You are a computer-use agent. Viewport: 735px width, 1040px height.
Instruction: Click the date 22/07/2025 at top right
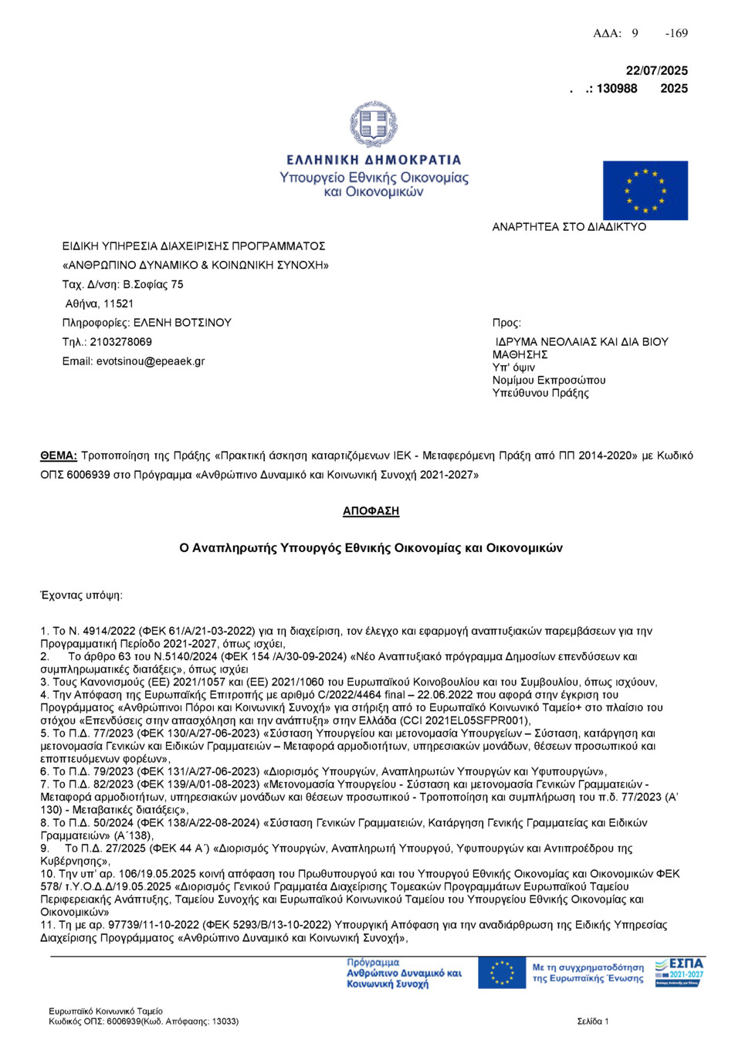[x=656, y=70]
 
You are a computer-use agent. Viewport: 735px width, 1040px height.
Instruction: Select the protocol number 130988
[x=617, y=89]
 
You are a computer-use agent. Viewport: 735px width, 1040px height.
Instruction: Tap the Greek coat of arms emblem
[x=374, y=124]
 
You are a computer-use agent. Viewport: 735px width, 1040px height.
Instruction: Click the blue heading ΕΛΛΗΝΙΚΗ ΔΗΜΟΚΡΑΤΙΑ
[x=374, y=160]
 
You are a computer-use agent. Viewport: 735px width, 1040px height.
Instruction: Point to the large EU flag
[x=645, y=191]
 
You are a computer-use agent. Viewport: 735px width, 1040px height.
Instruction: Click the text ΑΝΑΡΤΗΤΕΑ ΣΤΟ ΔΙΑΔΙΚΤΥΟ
[x=569, y=227]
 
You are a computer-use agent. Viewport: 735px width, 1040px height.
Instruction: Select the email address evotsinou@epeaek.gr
[x=151, y=361]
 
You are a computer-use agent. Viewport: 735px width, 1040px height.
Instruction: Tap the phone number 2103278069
[x=121, y=342]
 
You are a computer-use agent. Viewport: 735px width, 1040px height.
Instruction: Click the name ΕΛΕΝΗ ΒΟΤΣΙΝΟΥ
[x=182, y=323]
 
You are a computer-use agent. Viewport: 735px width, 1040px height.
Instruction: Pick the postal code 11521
[x=119, y=303]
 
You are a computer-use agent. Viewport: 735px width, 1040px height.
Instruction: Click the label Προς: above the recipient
[x=506, y=323]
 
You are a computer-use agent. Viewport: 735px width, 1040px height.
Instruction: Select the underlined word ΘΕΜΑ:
[x=59, y=456]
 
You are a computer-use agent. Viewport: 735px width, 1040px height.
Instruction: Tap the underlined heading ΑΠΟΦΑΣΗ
[x=371, y=511]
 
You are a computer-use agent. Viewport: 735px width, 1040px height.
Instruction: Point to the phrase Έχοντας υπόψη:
[x=81, y=595]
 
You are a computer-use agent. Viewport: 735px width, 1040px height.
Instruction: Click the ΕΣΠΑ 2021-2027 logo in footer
[x=679, y=973]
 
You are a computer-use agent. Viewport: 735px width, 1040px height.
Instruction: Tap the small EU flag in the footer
[x=502, y=973]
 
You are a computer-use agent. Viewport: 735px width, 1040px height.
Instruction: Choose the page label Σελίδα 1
[x=592, y=1021]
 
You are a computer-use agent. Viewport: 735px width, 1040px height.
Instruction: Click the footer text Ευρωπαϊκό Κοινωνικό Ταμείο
[x=106, y=1011]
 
